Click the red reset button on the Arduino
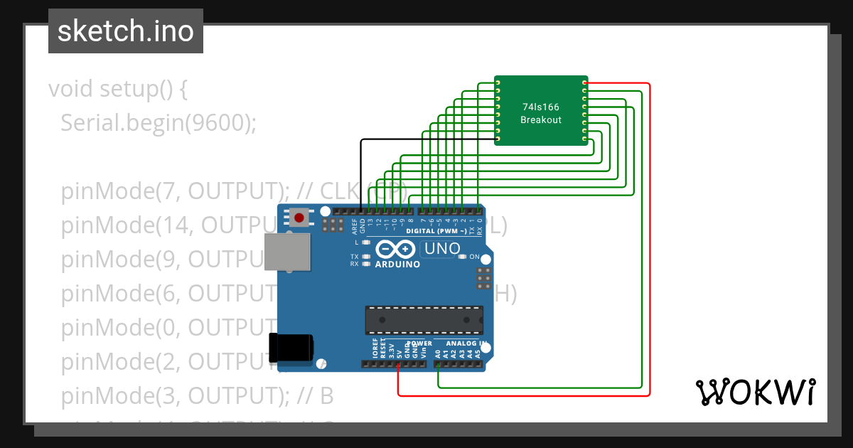click(300, 218)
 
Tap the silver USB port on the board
click(287, 252)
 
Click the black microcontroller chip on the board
click(424, 320)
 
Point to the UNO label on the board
click(442, 249)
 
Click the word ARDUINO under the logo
click(397, 264)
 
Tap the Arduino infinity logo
click(395, 250)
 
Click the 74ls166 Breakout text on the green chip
click(541, 113)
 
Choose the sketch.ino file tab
click(126, 31)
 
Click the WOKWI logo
click(755, 392)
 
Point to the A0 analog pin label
click(438, 353)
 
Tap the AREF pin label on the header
click(355, 226)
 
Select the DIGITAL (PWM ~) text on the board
click(436, 231)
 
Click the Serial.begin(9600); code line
click(158, 123)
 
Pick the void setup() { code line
click(118, 90)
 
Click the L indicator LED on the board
click(365, 242)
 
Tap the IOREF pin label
click(375, 348)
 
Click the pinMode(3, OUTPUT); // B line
click(197, 395)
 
